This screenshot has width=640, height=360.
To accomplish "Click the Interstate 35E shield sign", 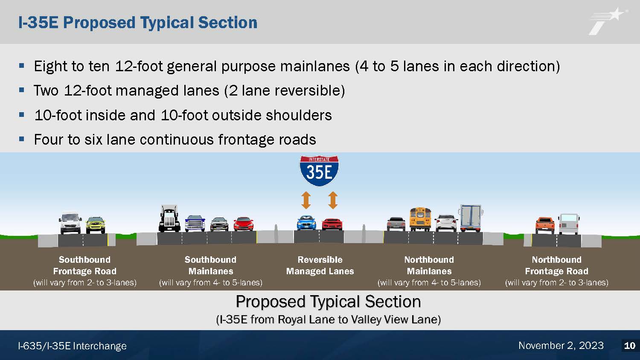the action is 319,171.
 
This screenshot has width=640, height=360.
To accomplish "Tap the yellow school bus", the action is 420,219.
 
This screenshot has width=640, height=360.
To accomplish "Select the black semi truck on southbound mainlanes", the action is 169,218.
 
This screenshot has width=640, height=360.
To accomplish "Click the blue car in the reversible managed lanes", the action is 307,223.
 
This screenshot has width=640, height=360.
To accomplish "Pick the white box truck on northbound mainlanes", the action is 471,218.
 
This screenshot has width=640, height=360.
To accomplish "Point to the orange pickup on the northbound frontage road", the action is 545,226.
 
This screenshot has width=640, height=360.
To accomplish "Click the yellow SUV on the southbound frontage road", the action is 96,225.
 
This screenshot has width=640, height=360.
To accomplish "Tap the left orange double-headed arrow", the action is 306,200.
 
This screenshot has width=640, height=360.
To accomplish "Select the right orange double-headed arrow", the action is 332,200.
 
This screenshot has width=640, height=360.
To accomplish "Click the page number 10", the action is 630,346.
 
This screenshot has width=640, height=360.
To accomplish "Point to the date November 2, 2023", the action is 561,346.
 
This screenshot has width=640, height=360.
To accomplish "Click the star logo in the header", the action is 607,21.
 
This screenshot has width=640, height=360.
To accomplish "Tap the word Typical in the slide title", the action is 166,23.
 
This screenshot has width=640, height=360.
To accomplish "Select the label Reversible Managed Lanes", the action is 320,265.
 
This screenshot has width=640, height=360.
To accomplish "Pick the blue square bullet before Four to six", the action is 21,139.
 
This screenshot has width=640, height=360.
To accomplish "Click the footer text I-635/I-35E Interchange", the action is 72,346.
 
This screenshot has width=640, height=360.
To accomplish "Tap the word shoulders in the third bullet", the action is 299,116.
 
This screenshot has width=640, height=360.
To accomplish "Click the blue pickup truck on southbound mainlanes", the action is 195,223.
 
